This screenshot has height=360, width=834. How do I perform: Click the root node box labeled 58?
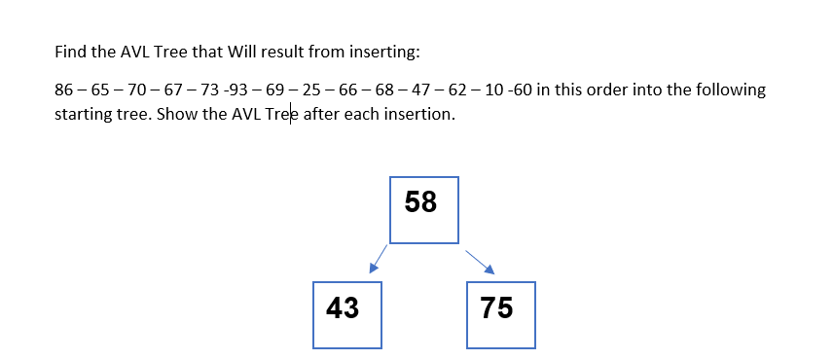423,209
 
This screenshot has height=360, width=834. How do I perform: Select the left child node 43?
347,315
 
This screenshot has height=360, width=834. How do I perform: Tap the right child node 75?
500,315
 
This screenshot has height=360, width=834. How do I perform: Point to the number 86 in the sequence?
64,90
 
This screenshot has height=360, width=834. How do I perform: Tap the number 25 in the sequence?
312,90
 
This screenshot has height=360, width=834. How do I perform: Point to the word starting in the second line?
82,115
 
